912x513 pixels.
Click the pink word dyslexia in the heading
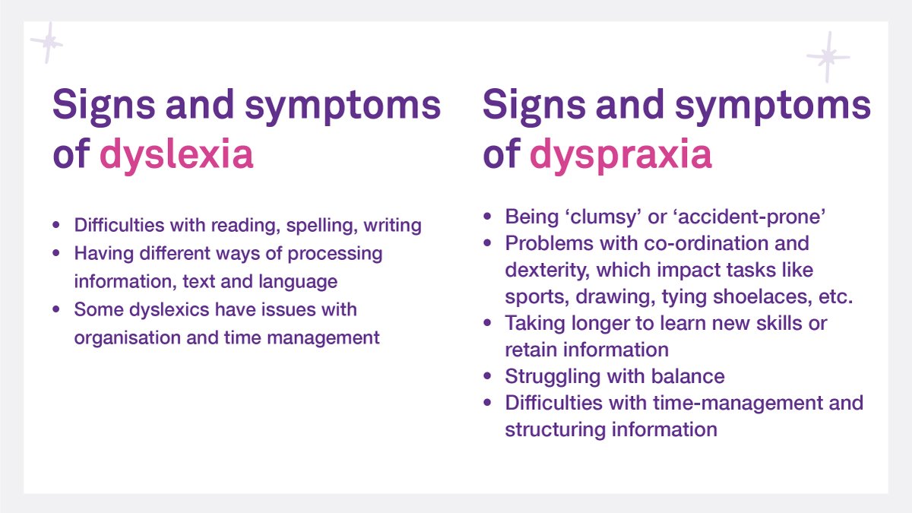point(176,154)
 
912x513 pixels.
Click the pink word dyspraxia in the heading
point(621,154)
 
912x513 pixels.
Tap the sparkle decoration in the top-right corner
point(828,56)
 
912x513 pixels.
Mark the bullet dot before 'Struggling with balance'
point(487,377)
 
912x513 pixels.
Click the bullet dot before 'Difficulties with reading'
point(56,226)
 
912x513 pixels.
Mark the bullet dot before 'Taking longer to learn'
point(487,324)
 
